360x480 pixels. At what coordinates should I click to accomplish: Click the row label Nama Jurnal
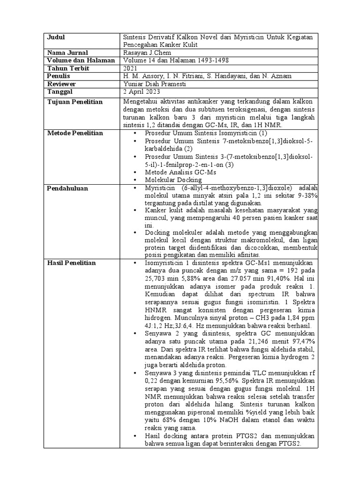coord(67,53)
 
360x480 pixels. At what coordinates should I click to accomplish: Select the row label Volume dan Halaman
coord(81,60)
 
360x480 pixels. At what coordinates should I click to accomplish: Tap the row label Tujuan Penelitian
coord(75,102)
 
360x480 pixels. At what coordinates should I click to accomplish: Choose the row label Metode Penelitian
coord(75,134)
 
